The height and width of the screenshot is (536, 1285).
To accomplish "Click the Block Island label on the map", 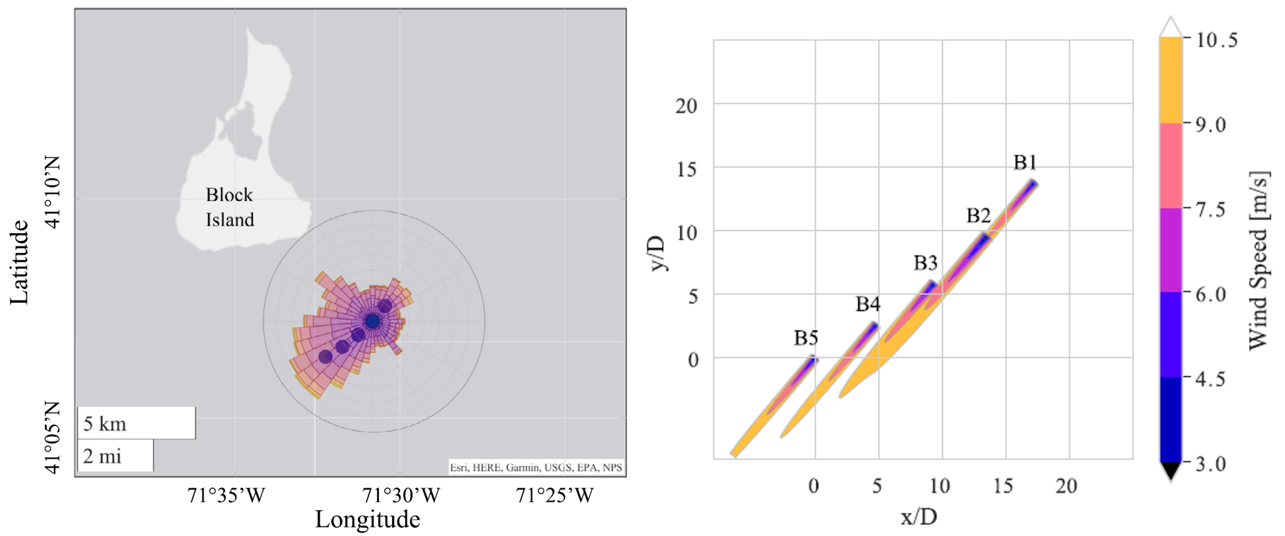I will point(230,207).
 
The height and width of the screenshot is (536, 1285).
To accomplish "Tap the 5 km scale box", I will point(136,423).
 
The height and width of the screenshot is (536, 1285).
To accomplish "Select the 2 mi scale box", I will point(115,456).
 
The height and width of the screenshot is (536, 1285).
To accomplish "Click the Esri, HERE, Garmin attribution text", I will point(536,468).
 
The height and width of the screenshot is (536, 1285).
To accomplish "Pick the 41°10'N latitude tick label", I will point(52,192).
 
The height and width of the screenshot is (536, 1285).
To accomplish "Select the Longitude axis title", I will point(368,519).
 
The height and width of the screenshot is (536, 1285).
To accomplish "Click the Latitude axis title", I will point(20,262).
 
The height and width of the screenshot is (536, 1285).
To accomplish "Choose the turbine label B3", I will point(925,263).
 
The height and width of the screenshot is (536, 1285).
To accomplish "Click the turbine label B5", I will point(805,338).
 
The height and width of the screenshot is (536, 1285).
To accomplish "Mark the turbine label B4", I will point(868,304).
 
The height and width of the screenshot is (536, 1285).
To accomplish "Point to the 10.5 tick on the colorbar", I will point(1217,40).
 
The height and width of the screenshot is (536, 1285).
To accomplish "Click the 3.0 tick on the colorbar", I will point(1211,464).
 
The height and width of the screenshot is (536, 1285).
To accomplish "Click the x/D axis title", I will point(918,517).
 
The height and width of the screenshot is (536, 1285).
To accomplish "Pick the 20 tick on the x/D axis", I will point(1066,486).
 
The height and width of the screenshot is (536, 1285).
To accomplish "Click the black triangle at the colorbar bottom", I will point(1170,470).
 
